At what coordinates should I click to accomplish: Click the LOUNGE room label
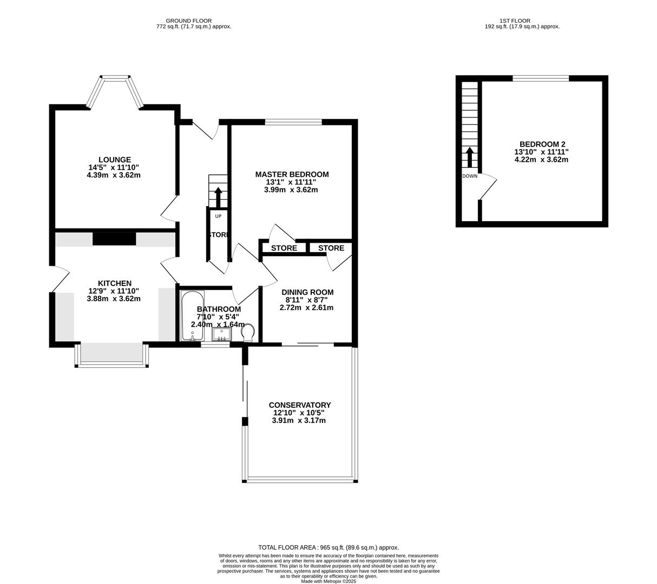(114, 160)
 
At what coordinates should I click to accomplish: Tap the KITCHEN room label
(114, 283)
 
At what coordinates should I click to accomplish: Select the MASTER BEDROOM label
(292, 174)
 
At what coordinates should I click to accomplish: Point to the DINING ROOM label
(306, 292)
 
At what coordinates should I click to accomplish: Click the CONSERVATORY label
(299, 405)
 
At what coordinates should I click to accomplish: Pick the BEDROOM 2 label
(542, 144)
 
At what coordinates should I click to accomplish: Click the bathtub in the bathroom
(192, 316)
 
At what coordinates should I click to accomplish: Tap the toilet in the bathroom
(248, 332)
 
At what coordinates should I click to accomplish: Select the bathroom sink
(222, 334)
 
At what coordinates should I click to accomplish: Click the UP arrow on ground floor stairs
(218, 197)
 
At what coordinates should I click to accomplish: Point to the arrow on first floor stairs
(469, 157)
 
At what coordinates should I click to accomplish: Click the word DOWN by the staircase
(470, 176)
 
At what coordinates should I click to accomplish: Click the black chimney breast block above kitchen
(114, 238)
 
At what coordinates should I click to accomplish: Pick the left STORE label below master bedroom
(284, 248)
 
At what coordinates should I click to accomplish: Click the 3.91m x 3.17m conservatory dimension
(299, 420)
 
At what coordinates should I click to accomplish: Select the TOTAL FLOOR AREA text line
(328, 547)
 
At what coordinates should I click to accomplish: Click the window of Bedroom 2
(540, 78)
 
